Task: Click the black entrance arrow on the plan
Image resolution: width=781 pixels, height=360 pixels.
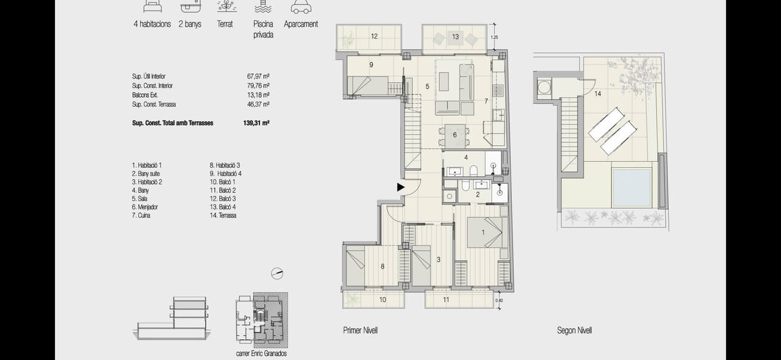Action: coord(401,187)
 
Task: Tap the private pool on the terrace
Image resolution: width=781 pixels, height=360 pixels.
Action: coord(632,188)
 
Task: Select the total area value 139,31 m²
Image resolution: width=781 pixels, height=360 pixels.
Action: coord(256,123)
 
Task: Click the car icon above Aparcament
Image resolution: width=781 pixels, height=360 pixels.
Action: coord(301,7)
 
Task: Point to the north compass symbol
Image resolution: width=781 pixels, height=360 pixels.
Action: coord(277,273)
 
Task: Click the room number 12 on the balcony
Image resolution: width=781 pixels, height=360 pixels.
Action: coord(374,36)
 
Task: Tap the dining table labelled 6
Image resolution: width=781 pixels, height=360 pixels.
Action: coord(455,135)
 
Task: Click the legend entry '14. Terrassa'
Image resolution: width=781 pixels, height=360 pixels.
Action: coord(223,215)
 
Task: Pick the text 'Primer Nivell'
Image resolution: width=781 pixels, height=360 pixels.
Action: coord(360,330)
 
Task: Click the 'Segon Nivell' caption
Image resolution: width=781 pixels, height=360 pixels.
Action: coord(574,330)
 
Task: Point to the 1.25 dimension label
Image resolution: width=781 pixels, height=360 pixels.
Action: coord(494,37)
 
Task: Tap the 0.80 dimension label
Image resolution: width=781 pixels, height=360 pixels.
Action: coord(499,300)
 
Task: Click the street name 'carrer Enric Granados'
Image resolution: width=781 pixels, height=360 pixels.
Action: coord(261,353)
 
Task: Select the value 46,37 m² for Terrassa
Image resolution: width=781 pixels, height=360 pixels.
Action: coord(258,104)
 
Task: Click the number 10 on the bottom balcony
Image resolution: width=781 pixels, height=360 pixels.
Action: coord(383,300)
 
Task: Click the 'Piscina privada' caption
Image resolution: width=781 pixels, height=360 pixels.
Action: coord(263,29)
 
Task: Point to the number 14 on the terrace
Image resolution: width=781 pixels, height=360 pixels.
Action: coord(597,94)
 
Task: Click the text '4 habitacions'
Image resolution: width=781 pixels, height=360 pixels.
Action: coord(152,24)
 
